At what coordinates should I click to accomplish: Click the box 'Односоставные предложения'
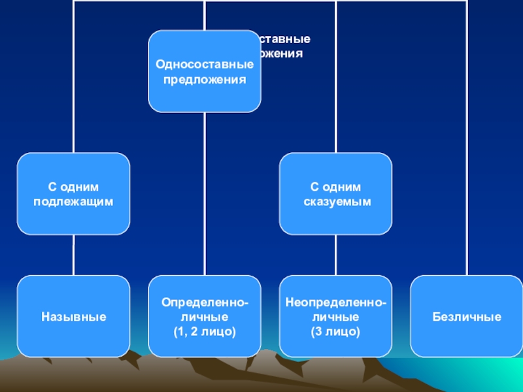tap(205, 71)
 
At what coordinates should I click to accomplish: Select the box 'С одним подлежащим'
tap(73, 194)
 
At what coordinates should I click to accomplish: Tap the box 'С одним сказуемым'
tap(336, 194)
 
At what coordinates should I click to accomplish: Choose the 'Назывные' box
tap(73, 317)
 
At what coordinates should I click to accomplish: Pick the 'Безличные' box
tap(467, 317)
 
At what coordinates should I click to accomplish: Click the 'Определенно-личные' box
tap(205, 317)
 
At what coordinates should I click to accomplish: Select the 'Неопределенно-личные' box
tap(336, 317)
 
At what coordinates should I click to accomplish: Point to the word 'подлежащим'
tap(73, 202)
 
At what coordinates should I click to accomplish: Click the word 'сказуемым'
tap(337, 202)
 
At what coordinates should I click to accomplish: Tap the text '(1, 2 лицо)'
tap(205, 332)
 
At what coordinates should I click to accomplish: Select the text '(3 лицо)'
tap(336, 332)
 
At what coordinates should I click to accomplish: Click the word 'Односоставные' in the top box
tap(205, 65)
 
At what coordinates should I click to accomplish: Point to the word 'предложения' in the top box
tap(205, 80)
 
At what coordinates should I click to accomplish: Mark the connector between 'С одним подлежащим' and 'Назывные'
tap(73, 255)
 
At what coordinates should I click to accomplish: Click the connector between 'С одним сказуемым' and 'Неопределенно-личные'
tap(336, 255)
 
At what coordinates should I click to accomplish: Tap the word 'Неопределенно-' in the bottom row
tap(336, 303)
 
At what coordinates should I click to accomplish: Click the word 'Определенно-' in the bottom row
tap(205, 303)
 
